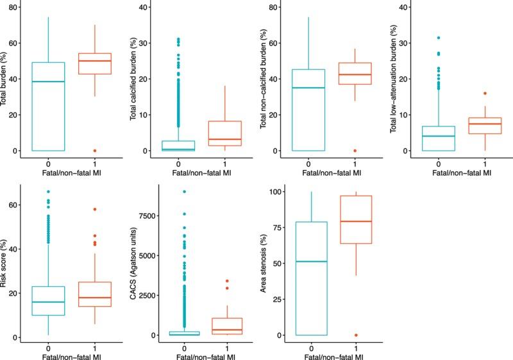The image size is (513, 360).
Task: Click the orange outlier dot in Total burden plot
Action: (94, 151)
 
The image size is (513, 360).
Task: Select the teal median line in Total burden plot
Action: (48, 81)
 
